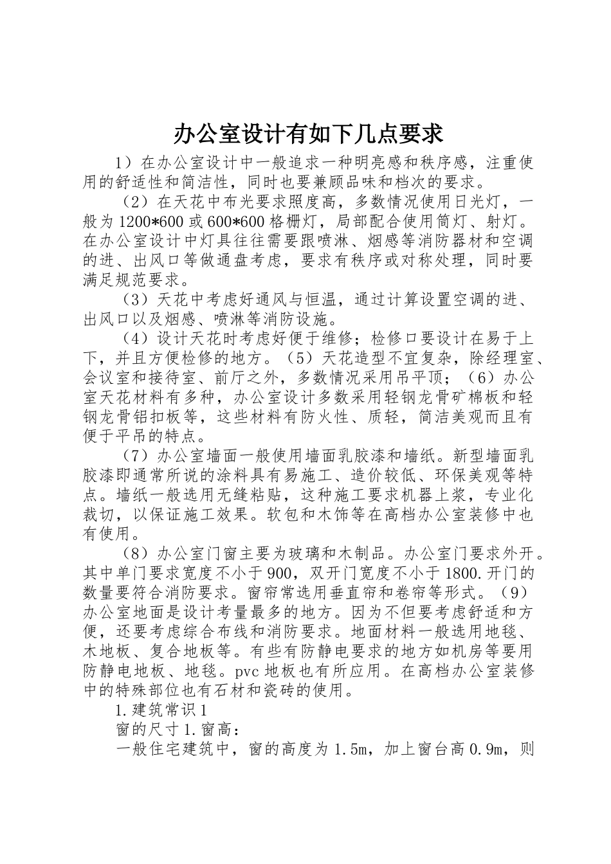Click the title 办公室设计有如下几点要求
(x=308, y=134)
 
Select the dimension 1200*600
(x=145, y=222)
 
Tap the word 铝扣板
(x=143, y=417)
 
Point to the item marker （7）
(x=136, y=456)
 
